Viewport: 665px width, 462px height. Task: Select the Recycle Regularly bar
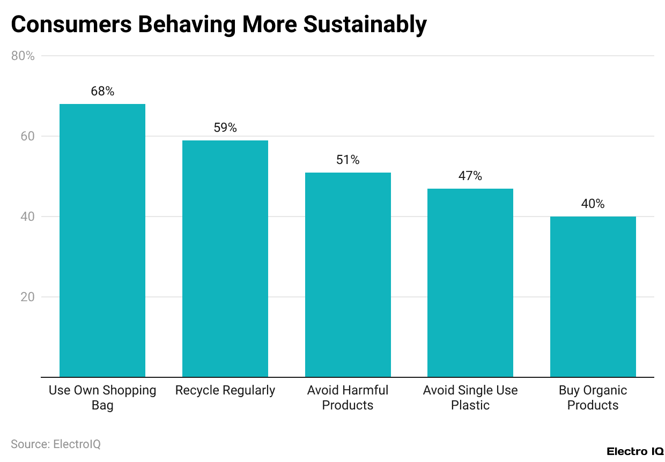click(225, 258)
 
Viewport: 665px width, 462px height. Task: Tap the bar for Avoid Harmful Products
click(348, 274)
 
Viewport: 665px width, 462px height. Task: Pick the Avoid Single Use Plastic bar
click(470, 282)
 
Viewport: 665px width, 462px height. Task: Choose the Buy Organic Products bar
click(593, 296)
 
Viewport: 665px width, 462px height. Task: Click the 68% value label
click(102, 91)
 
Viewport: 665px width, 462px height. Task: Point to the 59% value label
click(225, 128)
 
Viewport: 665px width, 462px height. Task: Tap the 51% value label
click(348, 160)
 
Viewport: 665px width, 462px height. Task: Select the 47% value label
click(470, 176)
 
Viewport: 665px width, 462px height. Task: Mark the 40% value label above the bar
click(593, 204)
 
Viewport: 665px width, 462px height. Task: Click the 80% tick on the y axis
click(23, 56)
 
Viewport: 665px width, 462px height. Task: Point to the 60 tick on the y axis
click(27, 136)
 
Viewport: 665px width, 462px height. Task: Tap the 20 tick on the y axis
click(27, 297)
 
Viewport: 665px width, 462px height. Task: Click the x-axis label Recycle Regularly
click(225, 390)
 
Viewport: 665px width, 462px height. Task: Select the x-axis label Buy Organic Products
click(593, 398)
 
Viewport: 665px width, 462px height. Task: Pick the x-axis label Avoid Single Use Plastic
click(470, 398)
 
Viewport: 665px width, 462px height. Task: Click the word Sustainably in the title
click(365, 25)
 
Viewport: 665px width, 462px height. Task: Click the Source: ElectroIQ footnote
click(56, 444)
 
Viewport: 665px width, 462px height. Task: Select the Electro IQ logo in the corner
click(635, 452)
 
